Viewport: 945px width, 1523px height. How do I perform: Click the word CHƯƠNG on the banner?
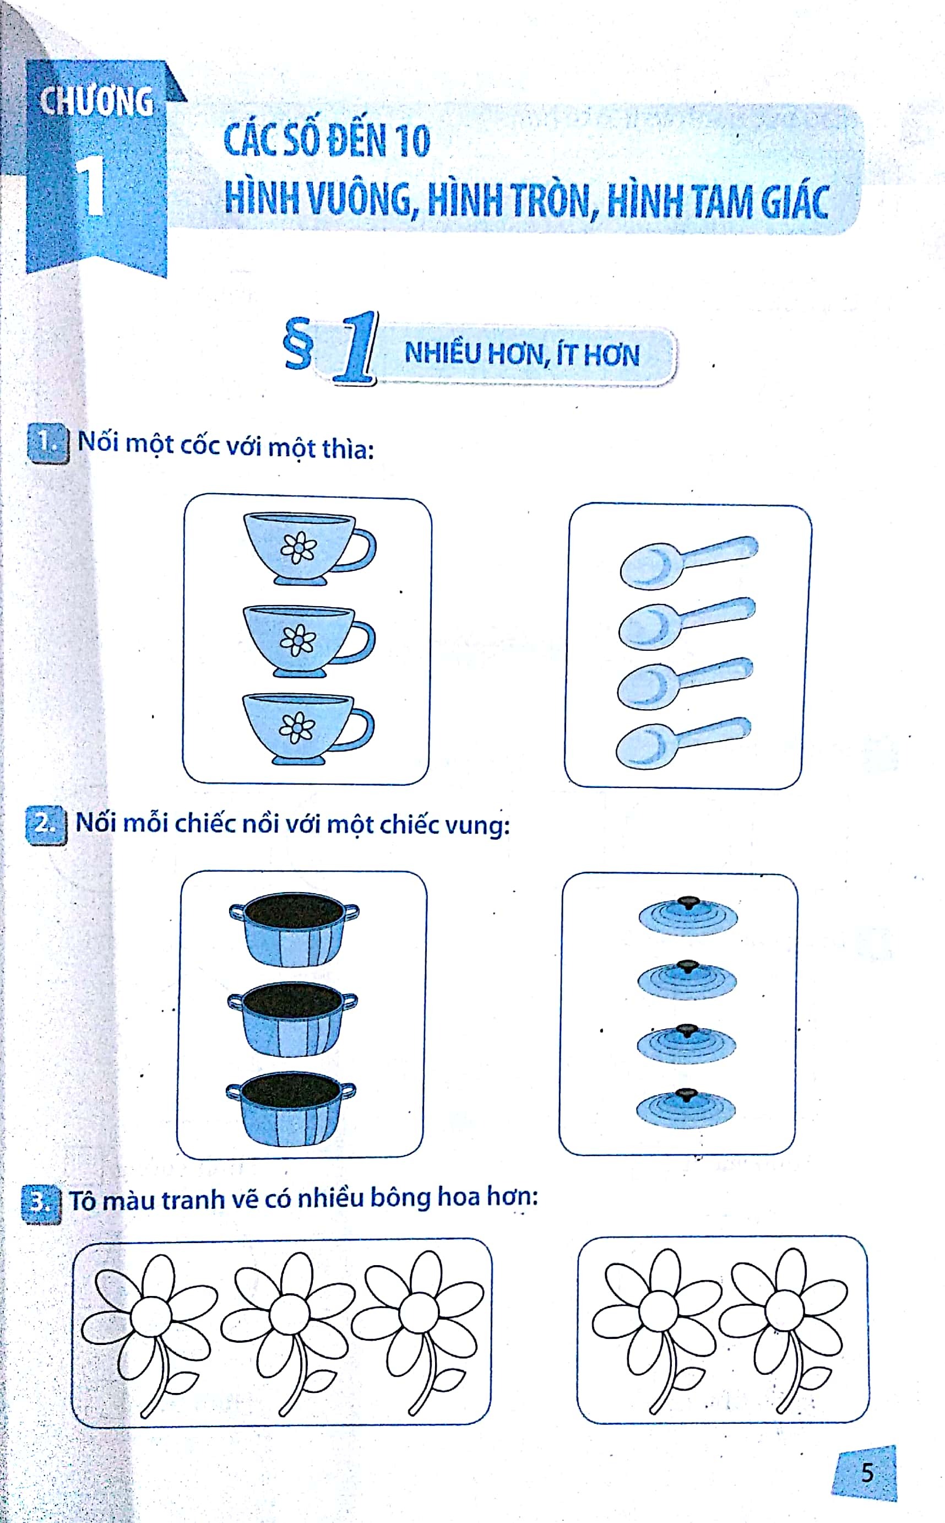point(96,101)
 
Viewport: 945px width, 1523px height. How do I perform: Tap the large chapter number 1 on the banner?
point(92,186)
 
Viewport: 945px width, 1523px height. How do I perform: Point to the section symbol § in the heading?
point(297,344)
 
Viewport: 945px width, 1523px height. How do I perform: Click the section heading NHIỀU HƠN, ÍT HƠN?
point(522,354)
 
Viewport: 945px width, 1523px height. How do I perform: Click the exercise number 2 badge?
point(46,825)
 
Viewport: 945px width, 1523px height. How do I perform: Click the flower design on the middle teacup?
point(298,640)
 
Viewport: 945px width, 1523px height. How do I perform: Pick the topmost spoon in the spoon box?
point(688,561)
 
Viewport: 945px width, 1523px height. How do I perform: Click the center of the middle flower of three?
point(289,1314)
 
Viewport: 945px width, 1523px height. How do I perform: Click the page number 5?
point(867,1473)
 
